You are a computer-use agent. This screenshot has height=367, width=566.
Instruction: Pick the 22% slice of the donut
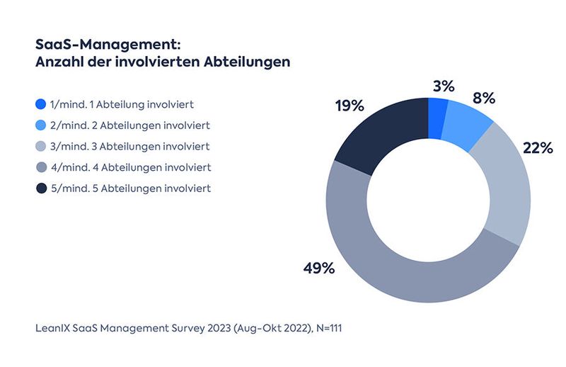[507, 188]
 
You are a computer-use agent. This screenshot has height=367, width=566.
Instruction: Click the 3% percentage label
[443, 86]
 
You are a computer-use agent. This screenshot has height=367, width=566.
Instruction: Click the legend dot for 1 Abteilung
[40, 104]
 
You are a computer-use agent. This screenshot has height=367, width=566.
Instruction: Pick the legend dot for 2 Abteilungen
[40, 125]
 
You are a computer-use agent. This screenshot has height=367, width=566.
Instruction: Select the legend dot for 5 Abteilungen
[40, 188]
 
